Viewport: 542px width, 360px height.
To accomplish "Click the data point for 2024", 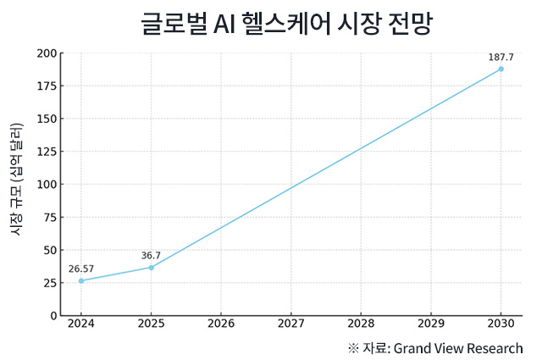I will click(x=81, y=280).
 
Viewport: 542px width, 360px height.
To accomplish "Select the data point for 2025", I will click(x=151, y=268).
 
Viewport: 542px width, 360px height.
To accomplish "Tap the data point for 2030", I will click(x=501, y=69).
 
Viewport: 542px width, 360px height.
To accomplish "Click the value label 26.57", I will click(x=81, y=269).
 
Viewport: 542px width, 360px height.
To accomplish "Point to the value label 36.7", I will click(x=151, y=255).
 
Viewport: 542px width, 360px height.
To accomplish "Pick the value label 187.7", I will click(x=501, y=57).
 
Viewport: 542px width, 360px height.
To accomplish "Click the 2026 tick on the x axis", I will click(x=221, y=324).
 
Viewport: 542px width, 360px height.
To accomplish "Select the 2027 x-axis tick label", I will click(x=290, y=324).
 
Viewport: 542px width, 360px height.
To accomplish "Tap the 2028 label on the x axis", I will click(x=361, y=324).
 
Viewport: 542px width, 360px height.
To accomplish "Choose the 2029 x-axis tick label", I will click(x=430, y=324).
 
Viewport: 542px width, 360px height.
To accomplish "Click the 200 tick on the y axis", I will click(x=47, y=53).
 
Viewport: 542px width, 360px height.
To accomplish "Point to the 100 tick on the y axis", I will click(x=47, y=185).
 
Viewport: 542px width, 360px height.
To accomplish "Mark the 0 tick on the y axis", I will click(x=53, y=315).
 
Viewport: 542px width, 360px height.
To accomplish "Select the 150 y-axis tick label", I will click(x=47, y=119).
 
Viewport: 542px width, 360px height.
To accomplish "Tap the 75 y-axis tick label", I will click(x=50, y=217).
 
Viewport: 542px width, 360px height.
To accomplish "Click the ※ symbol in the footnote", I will click(x=353, y=348).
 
